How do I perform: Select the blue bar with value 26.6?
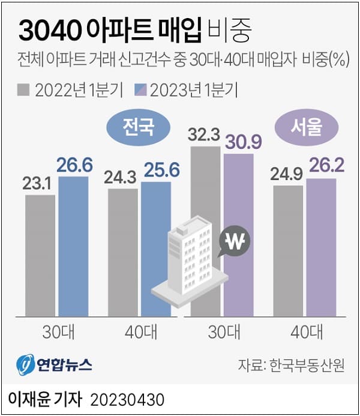click(73, 246)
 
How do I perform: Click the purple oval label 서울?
click(307, 127)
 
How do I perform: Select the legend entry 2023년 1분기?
click(187, 91)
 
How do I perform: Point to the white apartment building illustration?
click(190, 258)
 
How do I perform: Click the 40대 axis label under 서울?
click(304, 331)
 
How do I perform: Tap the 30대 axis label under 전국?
click(57, 331)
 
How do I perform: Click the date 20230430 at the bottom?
click(127, 399)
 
